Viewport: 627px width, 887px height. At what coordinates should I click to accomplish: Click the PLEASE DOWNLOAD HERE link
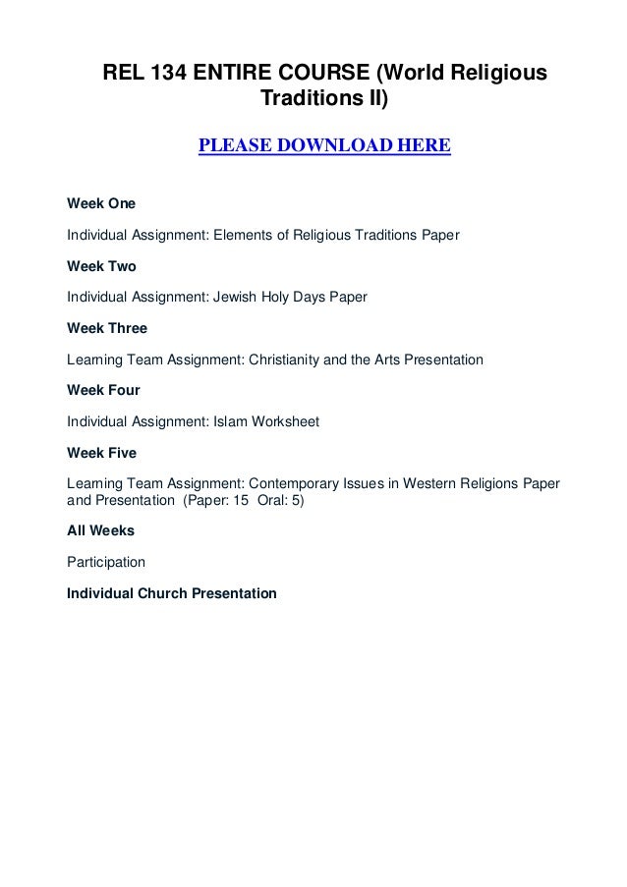pyautogui.click(x=324, y=147)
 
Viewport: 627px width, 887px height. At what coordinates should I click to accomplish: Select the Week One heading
pyautogui.click(x=101, y=204)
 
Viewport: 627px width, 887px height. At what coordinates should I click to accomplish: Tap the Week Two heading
pyautogui.click(x=101, y=266)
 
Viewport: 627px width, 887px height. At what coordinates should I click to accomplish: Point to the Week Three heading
pyautogui.click(x=106, y=329)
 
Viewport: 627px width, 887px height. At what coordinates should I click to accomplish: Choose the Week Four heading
pyautogui.click(x=103, y=391)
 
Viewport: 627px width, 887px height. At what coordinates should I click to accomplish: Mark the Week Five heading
pyautogui.click(x=101, y=453)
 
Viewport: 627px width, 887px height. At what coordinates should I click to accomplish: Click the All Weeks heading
pyautogui.click(x=100, y=530)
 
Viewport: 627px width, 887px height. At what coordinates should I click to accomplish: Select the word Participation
pyautogui.click(x=105, y=563)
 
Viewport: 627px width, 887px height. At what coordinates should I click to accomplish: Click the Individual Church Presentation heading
pyautogui.click(x=171, y=593)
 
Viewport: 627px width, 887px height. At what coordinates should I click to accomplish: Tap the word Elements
pyautogui.click(x=242, y=236)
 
